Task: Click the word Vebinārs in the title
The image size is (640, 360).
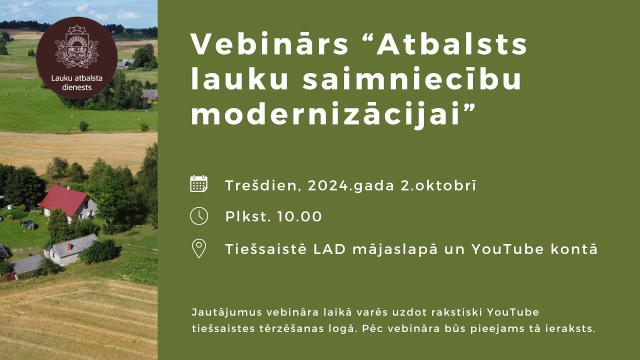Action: [x=269, y=44]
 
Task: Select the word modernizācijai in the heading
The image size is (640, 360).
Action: [x=324, y=116]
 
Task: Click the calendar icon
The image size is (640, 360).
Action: [x=199, y=184]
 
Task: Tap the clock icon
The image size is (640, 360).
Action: [x=199, y=216]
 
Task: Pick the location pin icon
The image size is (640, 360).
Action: [x=199, y=248]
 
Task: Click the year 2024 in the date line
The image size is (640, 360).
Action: [x=328, y=185]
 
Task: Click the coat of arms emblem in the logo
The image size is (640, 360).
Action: [x=76, y=47]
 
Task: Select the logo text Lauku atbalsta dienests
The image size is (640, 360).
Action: [x=76, y=82]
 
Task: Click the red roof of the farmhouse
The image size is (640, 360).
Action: [x=63, y=199]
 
